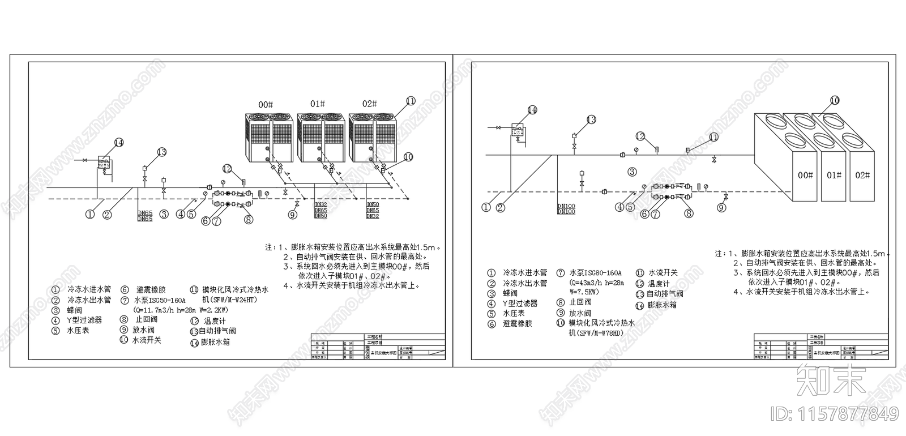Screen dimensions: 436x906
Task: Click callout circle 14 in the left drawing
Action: [x=118, y=143]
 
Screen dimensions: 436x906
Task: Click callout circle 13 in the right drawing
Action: [x=591, y=119]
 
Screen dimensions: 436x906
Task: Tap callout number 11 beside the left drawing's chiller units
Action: [x=411, y=101]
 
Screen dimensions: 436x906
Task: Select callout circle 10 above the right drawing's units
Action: [x=835, y=100]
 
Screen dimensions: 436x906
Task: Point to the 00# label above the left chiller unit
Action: [x=266, y=105]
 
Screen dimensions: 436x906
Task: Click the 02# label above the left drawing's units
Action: [x=370, y=104]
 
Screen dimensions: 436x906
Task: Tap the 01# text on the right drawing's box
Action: [x=834, y=176]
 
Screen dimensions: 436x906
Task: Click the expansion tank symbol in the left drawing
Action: [x=104, y=163]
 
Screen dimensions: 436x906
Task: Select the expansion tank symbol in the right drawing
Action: [x=518, y=131]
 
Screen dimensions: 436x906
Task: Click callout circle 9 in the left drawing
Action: [x=293, y=215]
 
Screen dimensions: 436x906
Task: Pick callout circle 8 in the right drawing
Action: [x=689, y=213]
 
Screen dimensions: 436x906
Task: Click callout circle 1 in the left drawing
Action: [x=90, y=214]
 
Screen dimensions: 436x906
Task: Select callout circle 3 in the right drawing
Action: [x=633, y=172]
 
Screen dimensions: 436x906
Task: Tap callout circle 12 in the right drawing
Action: [x=640, y=136]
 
